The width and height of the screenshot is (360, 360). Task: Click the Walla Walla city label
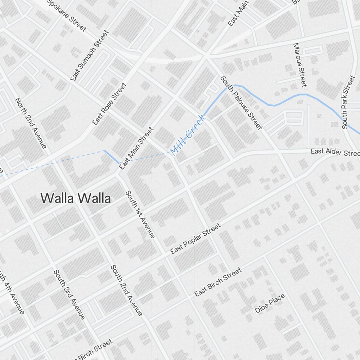tap(75, 198)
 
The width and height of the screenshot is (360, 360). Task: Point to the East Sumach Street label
tap(90, 55)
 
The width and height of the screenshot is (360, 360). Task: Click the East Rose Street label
tap(109, 104)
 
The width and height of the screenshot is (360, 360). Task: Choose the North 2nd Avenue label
tap(31, 123)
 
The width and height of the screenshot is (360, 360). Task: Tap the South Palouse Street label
tap(241, 102)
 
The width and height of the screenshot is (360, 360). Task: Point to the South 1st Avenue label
tap(140, 214)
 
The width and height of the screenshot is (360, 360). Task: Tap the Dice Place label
tap(270, 303)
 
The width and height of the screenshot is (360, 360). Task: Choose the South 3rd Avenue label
tap(69, 294)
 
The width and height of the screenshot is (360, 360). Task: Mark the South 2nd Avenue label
tap(126, 290)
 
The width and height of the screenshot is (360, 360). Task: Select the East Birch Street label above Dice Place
tap(218, 282)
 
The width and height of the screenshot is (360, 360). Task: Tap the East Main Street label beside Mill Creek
tap(136, 148)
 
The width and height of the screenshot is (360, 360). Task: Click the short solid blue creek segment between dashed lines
tap(112, 157)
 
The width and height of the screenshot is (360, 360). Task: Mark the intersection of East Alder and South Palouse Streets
tap(279, 153)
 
